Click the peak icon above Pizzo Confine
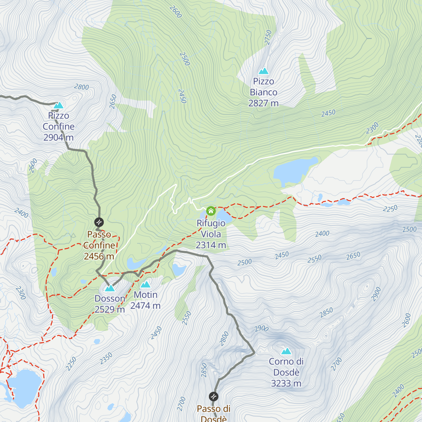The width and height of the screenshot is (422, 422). click(58, 105)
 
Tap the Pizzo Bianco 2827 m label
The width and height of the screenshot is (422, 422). click(263, 92)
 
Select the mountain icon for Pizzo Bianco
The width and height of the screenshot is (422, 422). click(263, 71)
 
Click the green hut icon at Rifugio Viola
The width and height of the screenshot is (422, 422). click(211, 211)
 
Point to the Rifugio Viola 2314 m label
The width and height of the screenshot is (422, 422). click(211, 234)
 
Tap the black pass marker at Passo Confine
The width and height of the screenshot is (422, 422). click(99, 222)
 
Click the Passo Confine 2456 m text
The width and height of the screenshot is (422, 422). click(99, 245)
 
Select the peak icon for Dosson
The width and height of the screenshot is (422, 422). click(110, 288)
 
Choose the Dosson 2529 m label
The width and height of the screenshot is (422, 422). click(110, 304)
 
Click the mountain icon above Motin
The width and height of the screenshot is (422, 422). click(145, 284)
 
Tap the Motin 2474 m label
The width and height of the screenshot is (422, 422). click(146, 300)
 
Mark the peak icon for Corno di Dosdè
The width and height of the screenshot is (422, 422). click(286, 351)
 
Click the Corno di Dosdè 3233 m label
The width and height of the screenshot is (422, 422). click(286, 372)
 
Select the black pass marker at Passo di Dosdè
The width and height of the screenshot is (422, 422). click(213, 397)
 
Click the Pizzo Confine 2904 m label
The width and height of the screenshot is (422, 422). click(59, 127)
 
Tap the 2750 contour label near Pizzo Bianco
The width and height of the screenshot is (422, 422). click(268, 37)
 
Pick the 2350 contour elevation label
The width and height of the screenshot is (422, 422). click(106, 358)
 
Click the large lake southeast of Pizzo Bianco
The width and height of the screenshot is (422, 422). click(294, 171)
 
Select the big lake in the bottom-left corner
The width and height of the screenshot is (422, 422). click(24, 387)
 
